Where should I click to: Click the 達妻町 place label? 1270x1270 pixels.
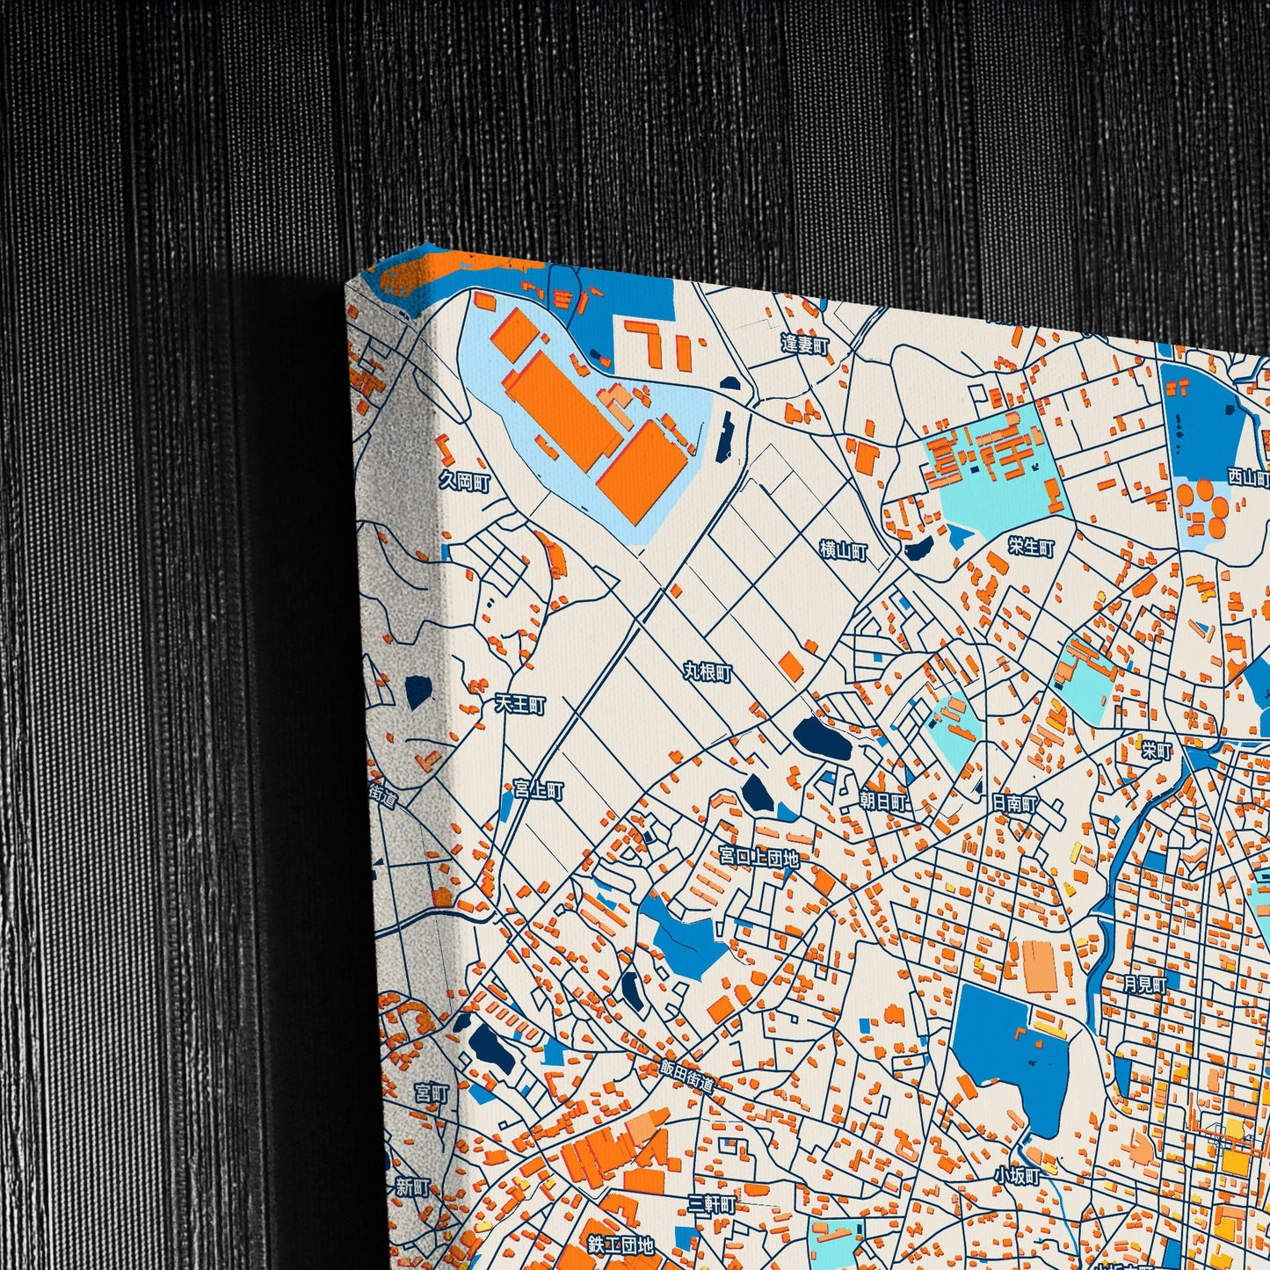(804, 345)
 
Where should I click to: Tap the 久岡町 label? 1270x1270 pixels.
(464, 481)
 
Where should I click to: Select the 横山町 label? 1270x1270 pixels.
(843, 551)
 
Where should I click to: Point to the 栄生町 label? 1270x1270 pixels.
(1031, 547)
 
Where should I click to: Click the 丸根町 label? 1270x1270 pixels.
(708, 672)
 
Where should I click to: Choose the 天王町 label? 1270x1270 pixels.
(520, 705)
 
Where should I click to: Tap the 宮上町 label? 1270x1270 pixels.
(538, 789)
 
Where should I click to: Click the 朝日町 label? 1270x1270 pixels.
(882, 801)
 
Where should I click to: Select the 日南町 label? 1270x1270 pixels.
(1014, 802)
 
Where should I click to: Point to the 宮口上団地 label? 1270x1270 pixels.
(758, 856)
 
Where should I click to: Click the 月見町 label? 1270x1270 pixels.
(1145, 984)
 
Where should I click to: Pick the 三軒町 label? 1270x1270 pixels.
(711, 1203)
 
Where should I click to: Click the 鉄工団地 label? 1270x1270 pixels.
(620, 1245)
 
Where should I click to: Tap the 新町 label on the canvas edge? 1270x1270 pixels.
(412, 1187)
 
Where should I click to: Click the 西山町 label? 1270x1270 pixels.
(1248, 477)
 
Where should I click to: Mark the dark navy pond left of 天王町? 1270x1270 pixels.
(417, 691)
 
